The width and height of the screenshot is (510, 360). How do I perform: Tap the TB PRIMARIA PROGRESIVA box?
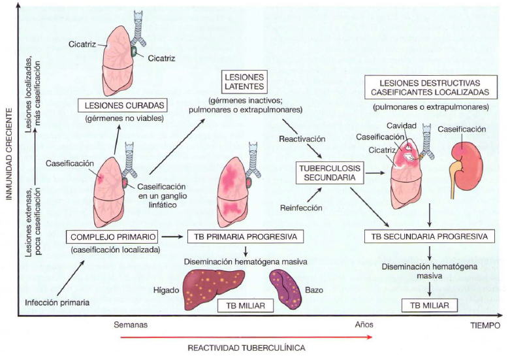[244, 237]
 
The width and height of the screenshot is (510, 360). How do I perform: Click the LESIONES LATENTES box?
[243, 81]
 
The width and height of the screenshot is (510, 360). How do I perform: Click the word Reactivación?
[301, 139]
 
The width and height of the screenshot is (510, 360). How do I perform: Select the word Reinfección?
[301, 207]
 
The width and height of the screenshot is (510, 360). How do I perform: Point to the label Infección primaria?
[57, 303]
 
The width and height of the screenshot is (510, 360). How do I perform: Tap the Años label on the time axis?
[364, 324]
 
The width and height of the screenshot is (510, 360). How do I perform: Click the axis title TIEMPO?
[485, 325]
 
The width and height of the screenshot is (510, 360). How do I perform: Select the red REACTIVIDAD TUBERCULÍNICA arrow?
[246, 337]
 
